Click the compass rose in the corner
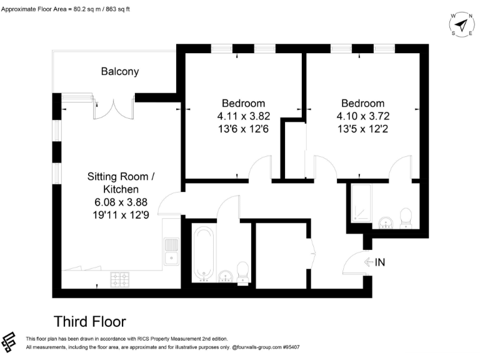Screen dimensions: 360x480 461,25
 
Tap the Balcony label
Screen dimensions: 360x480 120,72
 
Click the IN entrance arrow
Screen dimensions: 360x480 374,262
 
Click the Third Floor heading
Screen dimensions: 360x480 90,321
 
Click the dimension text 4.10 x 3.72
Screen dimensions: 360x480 362,116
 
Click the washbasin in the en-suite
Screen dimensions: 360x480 386,221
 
